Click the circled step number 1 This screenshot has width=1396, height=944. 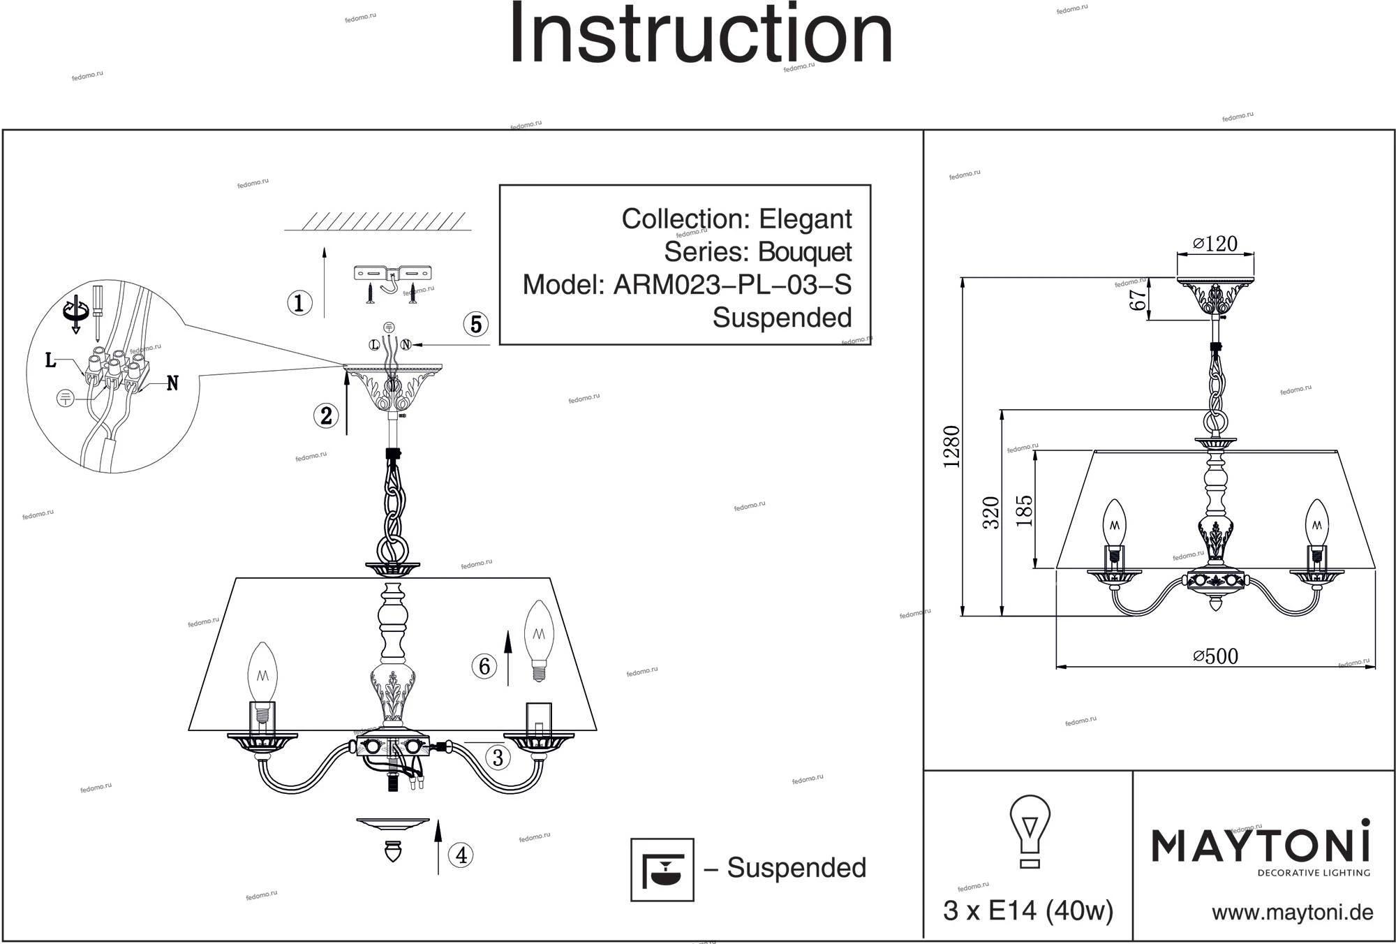tap(299, 303)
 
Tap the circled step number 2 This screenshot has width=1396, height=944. tap(326, 416)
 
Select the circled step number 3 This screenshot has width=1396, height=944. tap(498, 758)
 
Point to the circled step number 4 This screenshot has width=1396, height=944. tap(461, 855)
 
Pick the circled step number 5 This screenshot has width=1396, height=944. tap(476, 324)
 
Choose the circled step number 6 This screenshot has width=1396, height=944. tap(484, 666)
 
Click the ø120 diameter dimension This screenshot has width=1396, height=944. tap(1215, 244)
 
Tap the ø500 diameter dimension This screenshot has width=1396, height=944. tap(1215, 656)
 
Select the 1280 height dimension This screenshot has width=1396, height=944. tap(951, 447)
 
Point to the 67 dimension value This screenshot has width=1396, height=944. tap(1138, 300)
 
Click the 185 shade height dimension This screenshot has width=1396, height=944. tap(1024, 510)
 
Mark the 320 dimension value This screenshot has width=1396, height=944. tap(991, 512)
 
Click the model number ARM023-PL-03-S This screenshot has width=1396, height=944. tap(732, 285)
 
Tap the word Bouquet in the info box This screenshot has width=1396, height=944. tap(805, 252)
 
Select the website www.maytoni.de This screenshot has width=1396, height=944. tap(1292, 913)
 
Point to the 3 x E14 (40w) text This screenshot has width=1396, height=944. tap(1027, 910)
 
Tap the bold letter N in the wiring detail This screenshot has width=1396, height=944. tap(172, 383)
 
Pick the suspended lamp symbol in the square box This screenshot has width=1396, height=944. tap(662, 869)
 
